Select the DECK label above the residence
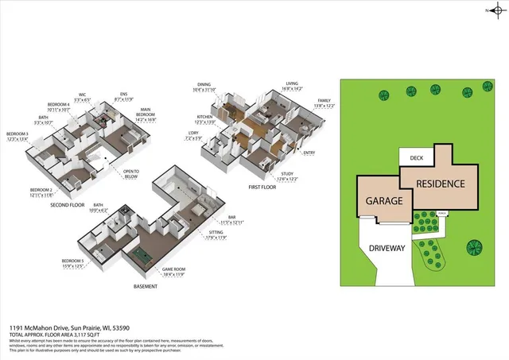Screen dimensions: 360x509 [415, 158]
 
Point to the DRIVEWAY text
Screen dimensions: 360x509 [387, 248]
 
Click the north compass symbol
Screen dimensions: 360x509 [492, 11]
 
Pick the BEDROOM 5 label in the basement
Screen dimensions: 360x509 [72, 262]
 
